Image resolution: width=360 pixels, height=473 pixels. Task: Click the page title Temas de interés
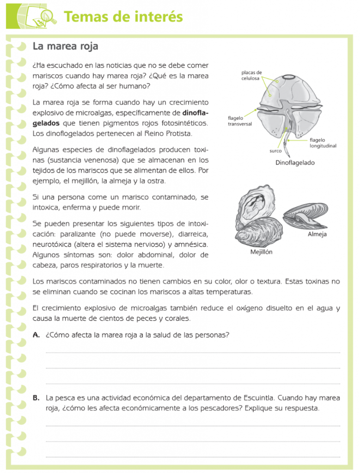click(123, 17)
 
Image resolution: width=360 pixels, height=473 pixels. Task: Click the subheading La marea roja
click(65, 46)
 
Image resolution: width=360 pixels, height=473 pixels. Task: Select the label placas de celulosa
click(252, 75)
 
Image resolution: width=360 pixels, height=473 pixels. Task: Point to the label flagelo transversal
click(240, 121)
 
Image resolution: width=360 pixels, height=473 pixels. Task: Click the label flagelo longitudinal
click(323, 143)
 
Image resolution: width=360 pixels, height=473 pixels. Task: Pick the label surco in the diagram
click(276, 151)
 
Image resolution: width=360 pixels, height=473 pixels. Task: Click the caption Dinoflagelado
click(295, 163)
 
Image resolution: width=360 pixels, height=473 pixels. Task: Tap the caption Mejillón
click(261, 252)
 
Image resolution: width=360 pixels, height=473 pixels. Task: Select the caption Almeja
click(317, 234)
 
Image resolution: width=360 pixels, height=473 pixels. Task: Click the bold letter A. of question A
click(36, 335)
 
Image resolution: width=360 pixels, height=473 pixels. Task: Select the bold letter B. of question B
click(36, 398)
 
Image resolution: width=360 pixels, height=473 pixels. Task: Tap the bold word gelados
click(46, 123)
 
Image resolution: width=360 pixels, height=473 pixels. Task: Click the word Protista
click(176, 133)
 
